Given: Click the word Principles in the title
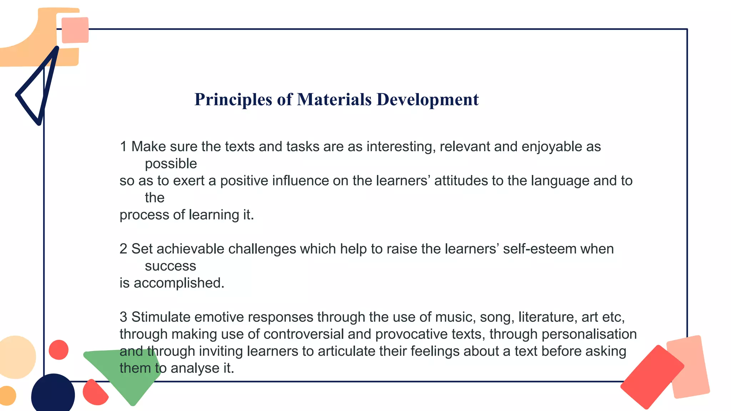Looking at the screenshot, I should (233, 100).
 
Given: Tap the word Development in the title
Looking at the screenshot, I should (427, 100).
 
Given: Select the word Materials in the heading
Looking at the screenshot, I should (334, 100).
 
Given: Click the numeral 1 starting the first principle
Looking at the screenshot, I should (123, 147).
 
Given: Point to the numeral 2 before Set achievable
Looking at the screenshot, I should (123, 249).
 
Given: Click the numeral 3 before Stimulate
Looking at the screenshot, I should (123, 317).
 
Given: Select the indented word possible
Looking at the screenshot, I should (171, 164).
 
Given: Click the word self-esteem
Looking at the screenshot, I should (540, 249).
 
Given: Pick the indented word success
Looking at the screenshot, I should (170, 266).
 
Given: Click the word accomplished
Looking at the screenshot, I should (179, 283).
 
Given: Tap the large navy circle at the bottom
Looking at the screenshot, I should (53, 394).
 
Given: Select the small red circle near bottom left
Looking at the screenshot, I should (59, 350).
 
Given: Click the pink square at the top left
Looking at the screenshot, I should (75, 30).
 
